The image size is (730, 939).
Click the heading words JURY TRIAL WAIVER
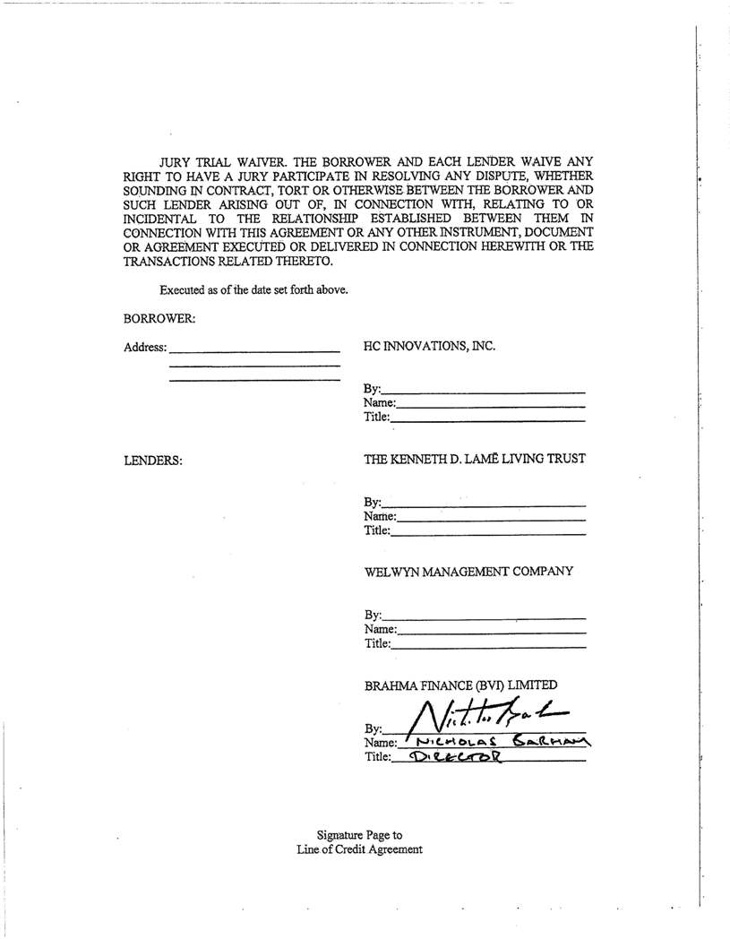pos(223,163)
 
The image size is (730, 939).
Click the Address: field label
pos(145,348)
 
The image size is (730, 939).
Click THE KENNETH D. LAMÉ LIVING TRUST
pos(475,459)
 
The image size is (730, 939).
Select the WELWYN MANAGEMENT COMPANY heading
pos(468,572)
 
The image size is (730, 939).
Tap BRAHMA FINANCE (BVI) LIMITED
pos(460,685)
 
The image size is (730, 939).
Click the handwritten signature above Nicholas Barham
pos(488,714)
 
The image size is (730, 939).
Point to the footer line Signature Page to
pos(359,835)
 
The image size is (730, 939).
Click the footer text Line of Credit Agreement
pos(359,849)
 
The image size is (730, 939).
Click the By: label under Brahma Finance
pos(373,728)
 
